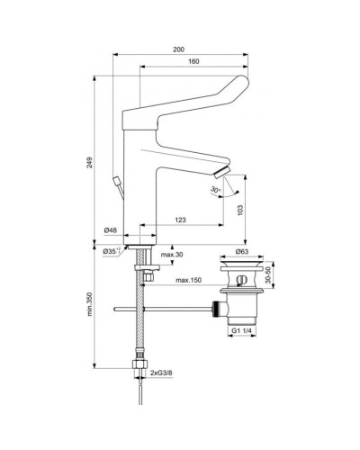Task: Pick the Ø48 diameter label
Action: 111,231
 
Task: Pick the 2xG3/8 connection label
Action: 166,370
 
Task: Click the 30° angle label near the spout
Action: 214,191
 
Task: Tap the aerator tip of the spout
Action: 221,171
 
